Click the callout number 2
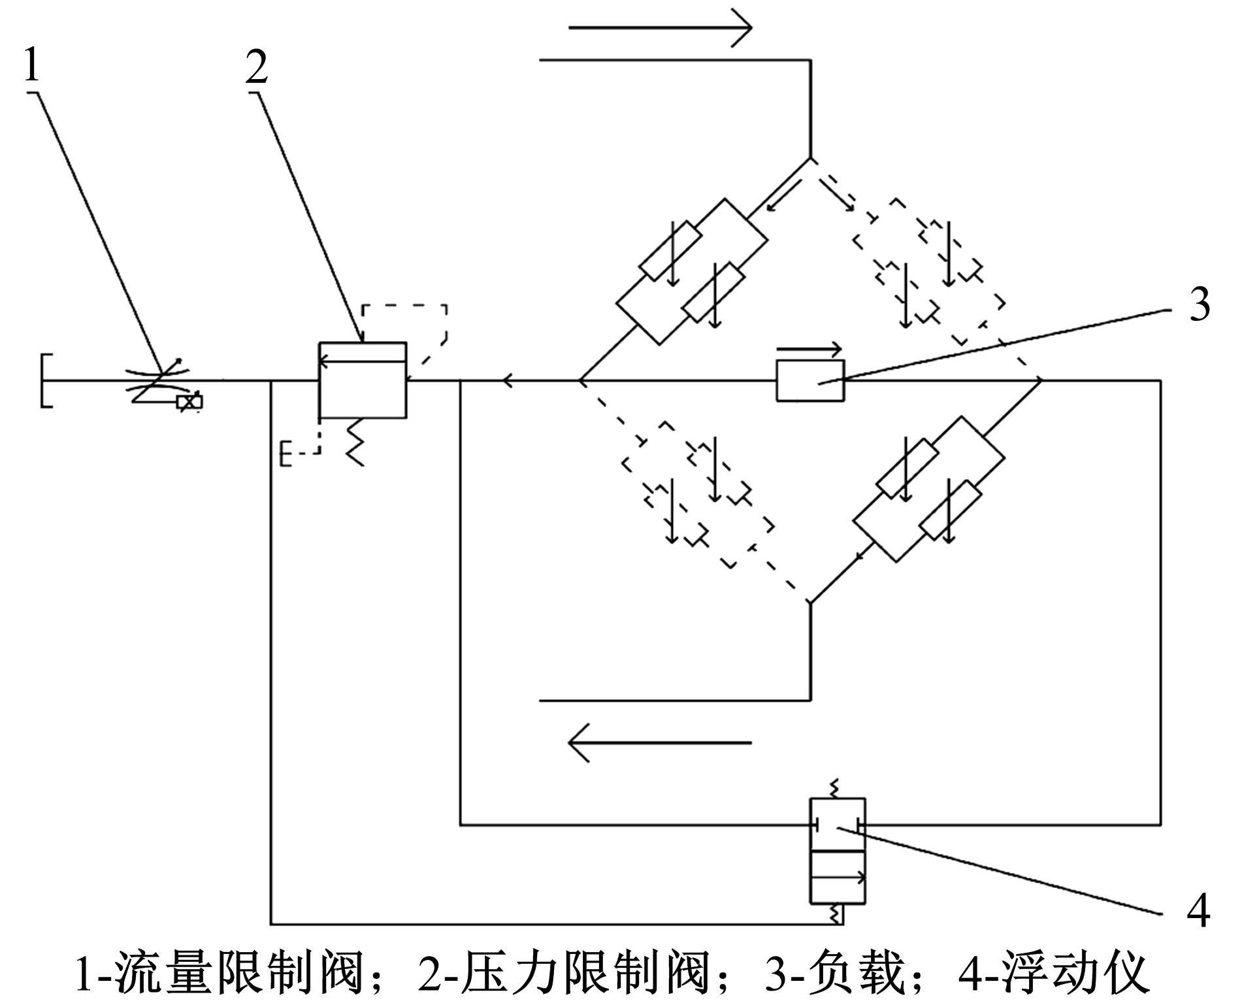pyautogui.click(x=257, y=68)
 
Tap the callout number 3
pyautogui.click(x=1198, y=305)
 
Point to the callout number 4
pyautogui.click(x=1198, y=911)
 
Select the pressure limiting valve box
pyautogui.click(x=362, y=380)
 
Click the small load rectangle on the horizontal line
pyautogui.click(x=810, y=380)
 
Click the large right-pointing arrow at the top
pyautogui.click(x=660, y=27)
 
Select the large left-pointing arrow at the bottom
pyautogui.click(x=660, y=743)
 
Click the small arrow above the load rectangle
pyautogui.click(x=809, y=350)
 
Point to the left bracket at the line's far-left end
pyautogui.click(x=46, y=381)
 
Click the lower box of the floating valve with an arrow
pyautogui.click(x=838, y=878)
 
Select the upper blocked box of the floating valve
pyautogui.click(x=838, y=825)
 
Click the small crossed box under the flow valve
pyautogui.click(x=189, y=403)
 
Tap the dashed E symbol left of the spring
pyautogui.click(x=286, y=453)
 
